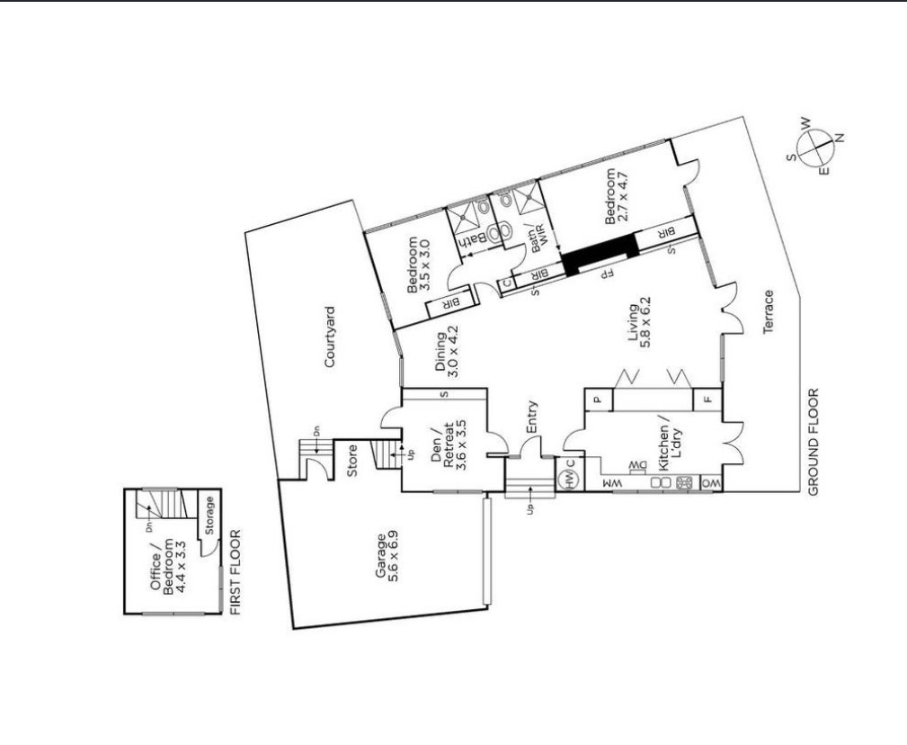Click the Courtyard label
pyautogui.click(x=330, y=337)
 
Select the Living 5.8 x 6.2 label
pyautogui.click(x=640, y=323)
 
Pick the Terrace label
pyautogui.click(x=769, y=312)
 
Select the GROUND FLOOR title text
pyautogui.click(x=814, y=443)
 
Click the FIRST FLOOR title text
pyautogui.click(x=235, y=572)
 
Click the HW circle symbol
pyautogui.click(x=570, y=481)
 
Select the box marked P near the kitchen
pyautogui.click(x=599, y=399)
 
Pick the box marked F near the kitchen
pyautogui.click(x=707, y=399)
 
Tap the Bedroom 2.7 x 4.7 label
pyautogui.click(x=615, y=195)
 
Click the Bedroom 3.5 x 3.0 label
pyautogui.click(x=419, y=265)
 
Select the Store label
pyautogui.click(x=351, y=461)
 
